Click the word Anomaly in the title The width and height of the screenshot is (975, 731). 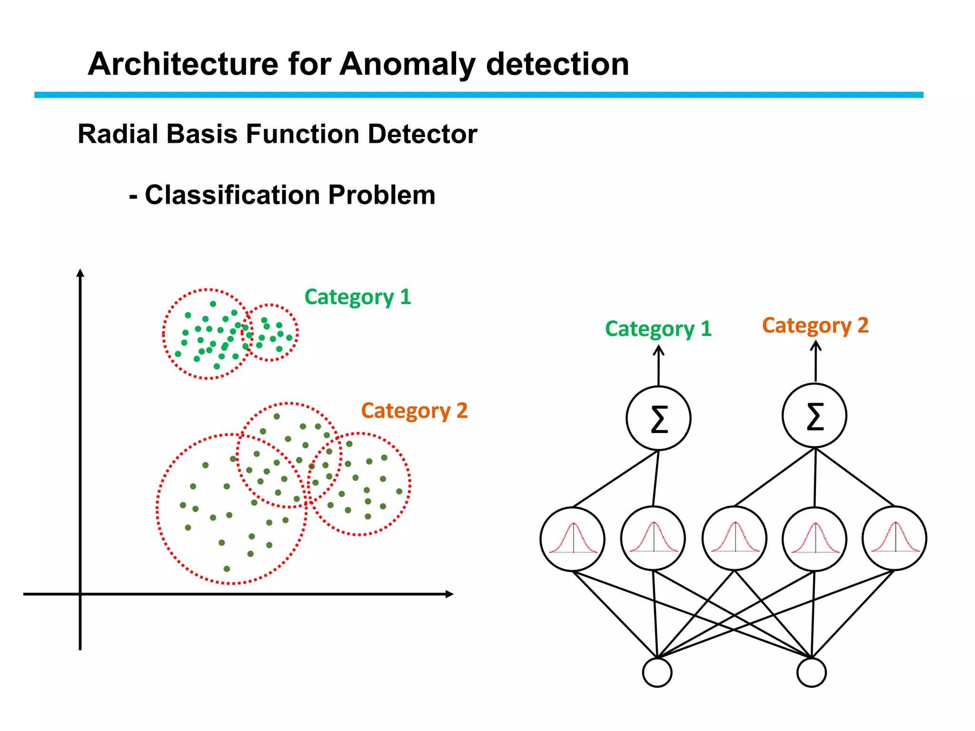coord(407,64)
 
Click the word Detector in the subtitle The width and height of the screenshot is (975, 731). coord(422,134)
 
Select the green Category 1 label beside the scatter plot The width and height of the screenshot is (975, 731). coord(358,297)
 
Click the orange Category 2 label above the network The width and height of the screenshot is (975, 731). coord(815,326)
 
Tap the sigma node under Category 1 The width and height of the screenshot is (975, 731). coord(658,418)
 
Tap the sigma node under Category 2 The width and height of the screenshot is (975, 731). coord(815,415)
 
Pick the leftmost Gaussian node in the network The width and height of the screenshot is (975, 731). coord(573,539)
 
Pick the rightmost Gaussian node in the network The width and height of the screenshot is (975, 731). coord(895,538)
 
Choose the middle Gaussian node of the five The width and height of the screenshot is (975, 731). coord(735,538)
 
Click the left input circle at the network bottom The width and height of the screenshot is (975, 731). coord(657,672)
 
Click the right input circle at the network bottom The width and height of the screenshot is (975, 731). coord(811,672)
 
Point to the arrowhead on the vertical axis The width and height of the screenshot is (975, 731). coord(80,273)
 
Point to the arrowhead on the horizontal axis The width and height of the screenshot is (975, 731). coord(449,594)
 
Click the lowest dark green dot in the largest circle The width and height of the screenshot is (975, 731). coord(227,569)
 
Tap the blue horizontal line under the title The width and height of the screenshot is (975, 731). coord(476,95)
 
